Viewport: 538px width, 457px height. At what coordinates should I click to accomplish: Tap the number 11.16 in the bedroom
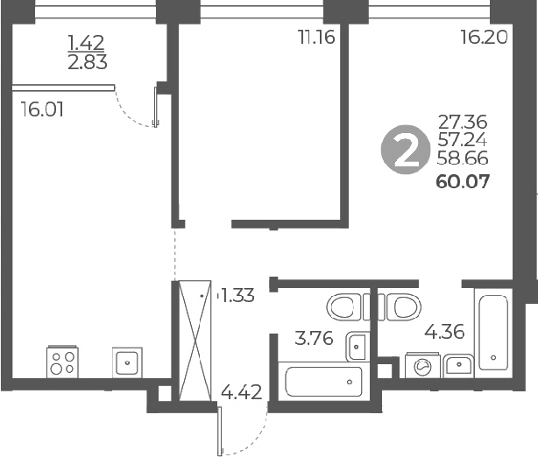click(317, 38)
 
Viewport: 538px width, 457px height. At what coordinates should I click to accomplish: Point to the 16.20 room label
click(483, 38)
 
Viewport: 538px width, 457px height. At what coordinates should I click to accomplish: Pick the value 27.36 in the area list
click(462, 122)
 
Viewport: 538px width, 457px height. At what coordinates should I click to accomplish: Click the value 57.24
click(462, 140)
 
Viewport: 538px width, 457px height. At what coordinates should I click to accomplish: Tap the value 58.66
click(462, 159)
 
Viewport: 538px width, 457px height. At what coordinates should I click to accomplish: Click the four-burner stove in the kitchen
click(61, 361)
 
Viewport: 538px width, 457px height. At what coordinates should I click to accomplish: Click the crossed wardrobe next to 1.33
click(195, 339)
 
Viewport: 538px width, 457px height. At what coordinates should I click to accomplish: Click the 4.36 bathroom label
click(444, 333)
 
